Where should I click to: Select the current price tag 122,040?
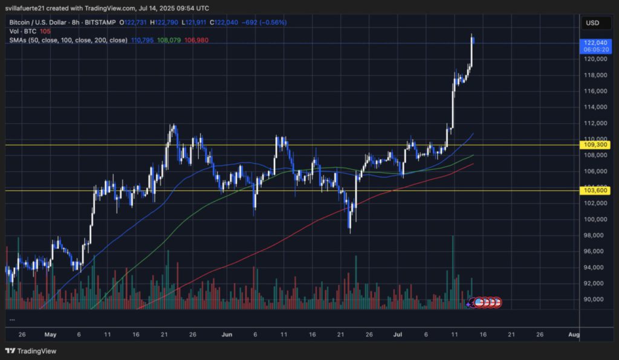click(595, 43)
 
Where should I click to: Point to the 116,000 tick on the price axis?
click(595, 91)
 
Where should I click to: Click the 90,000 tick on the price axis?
click(595, 300)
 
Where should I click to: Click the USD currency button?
click(592, 23)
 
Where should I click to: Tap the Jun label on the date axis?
click(227, 334)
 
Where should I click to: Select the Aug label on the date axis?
click(574, 334)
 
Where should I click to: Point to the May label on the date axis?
click(50, 334)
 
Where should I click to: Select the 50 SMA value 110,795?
click(143, 40)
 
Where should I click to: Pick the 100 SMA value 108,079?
click(169, 40)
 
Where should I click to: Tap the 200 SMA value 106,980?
click(195, 40)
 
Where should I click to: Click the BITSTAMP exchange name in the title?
click(100, 22)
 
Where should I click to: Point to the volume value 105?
click(45, 31)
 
